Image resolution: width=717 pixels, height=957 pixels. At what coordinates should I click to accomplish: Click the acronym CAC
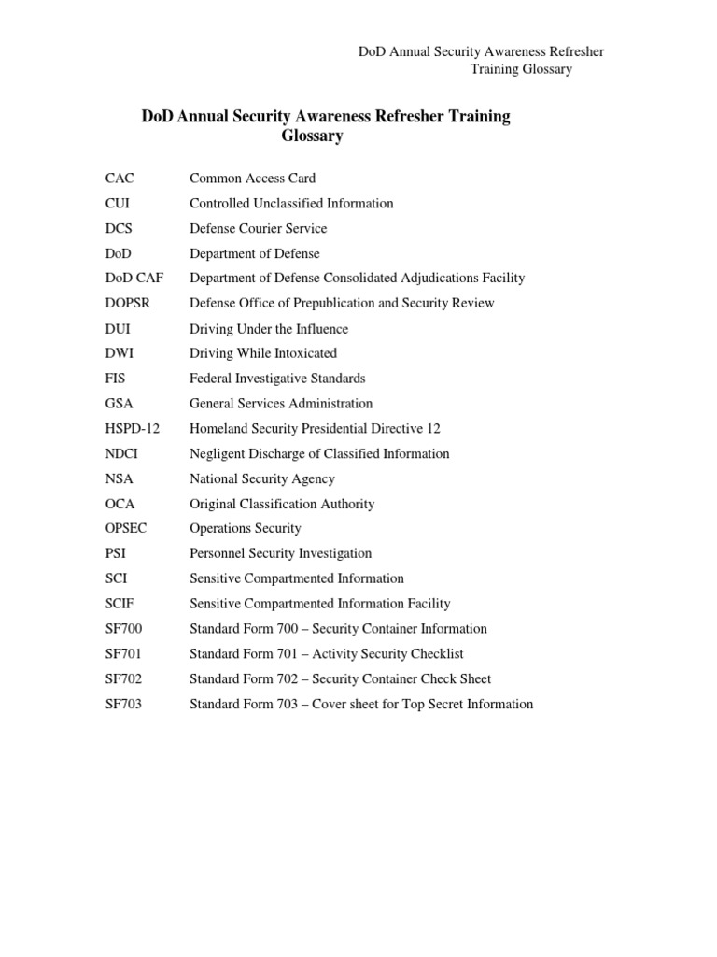[x=119, y=179]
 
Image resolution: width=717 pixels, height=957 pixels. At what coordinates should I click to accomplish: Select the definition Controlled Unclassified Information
[x=291, y=204]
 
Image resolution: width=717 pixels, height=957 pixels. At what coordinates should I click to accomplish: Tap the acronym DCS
[x=119, y=229]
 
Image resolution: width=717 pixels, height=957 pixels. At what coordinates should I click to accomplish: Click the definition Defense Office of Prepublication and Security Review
[x=342, y=304]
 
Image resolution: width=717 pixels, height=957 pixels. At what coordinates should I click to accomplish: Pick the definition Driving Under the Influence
[x=269, y=329]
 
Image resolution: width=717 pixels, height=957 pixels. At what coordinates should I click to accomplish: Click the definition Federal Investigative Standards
[x=277, y=379]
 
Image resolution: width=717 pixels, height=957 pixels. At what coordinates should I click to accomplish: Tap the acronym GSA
[x=120, y=404]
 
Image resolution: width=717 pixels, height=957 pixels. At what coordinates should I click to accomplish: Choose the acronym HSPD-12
[x=133, y=429]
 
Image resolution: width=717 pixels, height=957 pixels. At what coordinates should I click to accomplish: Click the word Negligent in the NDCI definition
[x=218, y=454]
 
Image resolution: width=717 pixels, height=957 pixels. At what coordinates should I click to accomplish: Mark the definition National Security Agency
[x=261, y=479]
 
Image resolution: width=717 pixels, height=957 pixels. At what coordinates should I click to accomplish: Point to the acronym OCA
[x=120, y=504]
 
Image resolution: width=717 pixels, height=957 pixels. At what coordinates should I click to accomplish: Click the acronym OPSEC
[x=126, y=529]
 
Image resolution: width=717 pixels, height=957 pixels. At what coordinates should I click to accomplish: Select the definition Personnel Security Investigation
[x=280, y=554]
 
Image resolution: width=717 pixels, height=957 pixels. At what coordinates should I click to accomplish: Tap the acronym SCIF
[x=121, y=604]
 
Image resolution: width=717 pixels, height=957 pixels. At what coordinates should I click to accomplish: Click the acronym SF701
[x=124, y=654]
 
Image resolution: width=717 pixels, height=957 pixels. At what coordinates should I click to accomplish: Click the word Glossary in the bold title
[x=313, y=137]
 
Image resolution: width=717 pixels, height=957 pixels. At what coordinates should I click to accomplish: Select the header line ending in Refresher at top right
[x=482, y=52]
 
